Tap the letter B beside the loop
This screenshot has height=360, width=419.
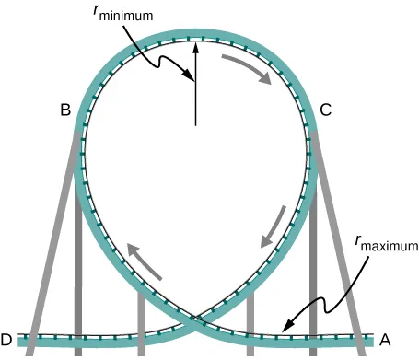point(65,110)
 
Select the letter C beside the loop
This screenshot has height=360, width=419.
point(325,110)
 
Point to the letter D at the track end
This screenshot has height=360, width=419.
point(7,339)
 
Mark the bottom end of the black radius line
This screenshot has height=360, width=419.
point(195,123)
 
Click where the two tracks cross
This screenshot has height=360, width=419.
point(194,320)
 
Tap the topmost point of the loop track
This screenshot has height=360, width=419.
point(195,36)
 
